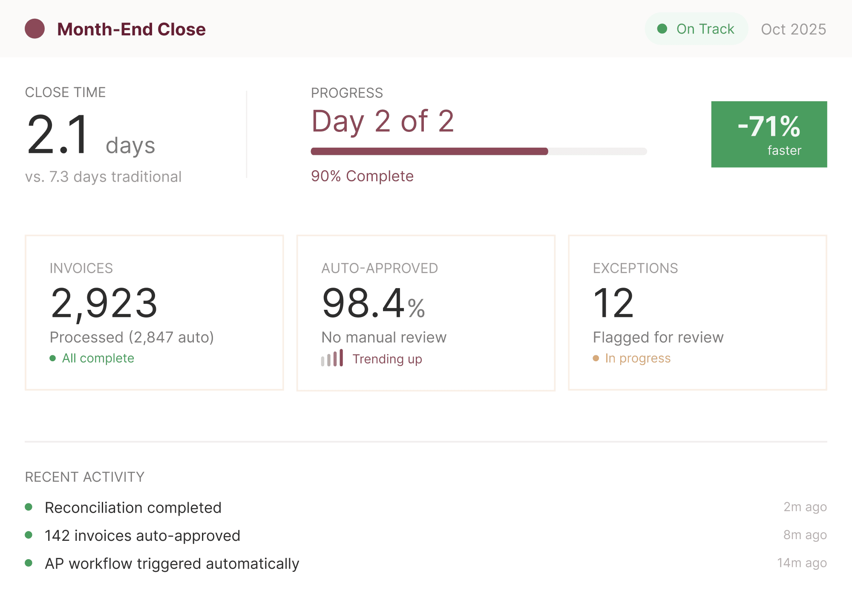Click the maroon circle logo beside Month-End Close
click(x=35, y=29)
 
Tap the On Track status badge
click(x=696, y=29)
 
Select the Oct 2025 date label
click(x=793, y=29)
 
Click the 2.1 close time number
click(x=58, y=135)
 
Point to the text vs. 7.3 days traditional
click(x=103, y=177)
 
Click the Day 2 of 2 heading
click(x=383, y=121)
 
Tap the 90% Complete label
click(x=362, y=176)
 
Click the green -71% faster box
click(x=769, y=134)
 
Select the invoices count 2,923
click(x=104, y=303)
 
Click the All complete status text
click(x=98, y=358)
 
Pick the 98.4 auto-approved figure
click(x=363, y=303)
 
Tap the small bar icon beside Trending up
click(x=332, y=359)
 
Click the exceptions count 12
click(x=613, y=303)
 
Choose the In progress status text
click(x=638, y=358)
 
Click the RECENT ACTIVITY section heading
click(x=85, y=477)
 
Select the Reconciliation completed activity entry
click(x=133, y=508)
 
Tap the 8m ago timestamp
click(x=805, y=535)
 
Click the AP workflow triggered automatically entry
click(x=172, y=564)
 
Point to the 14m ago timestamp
click(x=802, y=563)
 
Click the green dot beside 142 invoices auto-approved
click(x=29, y=535)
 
